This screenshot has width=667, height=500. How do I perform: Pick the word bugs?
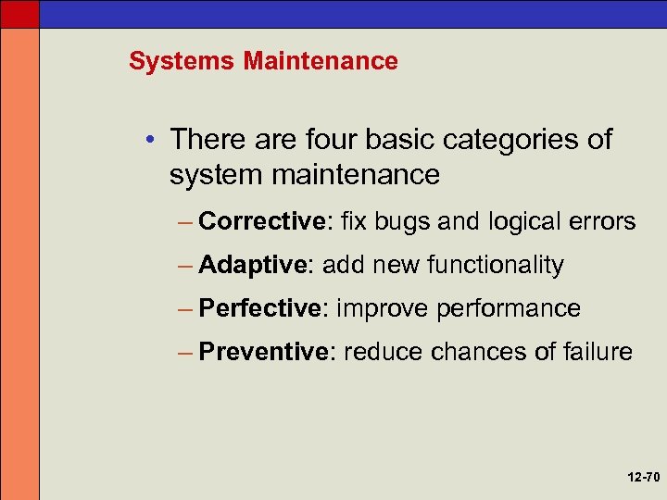pyautogui.click(x=406, y=221)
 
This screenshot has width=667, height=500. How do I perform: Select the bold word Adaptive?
pyautogui.click(x=252, y=265)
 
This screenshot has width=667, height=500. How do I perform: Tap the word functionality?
pyautogui.click(x=495, y=265)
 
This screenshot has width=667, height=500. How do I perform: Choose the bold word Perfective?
pyautogui.click(x=262, y=308)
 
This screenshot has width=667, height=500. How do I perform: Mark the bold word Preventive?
pyautogui.click(x=264, y=352)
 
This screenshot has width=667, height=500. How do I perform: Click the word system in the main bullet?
pyautogui.click(x=215, y=174)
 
